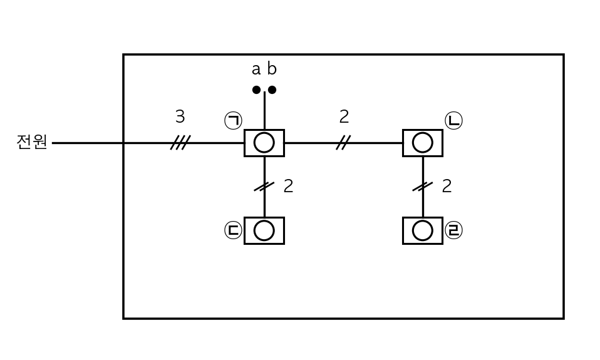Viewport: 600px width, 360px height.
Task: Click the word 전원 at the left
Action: coord(32,142)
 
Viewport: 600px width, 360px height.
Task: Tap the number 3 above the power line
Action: coord(180,116)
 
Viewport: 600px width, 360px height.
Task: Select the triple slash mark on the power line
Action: coord(180,143)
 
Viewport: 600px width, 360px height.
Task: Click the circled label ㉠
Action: coord(234,120)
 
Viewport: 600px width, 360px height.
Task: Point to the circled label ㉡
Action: coord(454,120)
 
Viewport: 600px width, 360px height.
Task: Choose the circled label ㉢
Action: coord(234,230)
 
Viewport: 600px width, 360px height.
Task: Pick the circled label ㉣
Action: coord(454,230)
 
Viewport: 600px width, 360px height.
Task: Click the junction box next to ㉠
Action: coord(264,143)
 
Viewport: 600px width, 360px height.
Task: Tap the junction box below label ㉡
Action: coord(423,143)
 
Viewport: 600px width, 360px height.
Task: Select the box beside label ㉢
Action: coord(264,230)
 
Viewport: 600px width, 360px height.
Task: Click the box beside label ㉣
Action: coord(423,230)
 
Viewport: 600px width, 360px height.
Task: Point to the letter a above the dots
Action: coord(256,69)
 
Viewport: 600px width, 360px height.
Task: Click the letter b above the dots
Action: coord(272,68)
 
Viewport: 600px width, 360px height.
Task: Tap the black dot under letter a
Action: coord(256,90)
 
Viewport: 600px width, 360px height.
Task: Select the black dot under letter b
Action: coord(272,90)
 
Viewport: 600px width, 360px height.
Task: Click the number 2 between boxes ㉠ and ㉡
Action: coord(344,116)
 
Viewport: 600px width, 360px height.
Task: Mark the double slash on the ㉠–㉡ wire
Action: coord(344,143)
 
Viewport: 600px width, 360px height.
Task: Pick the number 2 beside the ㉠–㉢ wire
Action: coord(288,186)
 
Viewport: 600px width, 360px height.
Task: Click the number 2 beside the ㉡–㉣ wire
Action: coord(447,186)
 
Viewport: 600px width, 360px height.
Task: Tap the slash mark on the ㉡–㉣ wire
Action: coord(423,187)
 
